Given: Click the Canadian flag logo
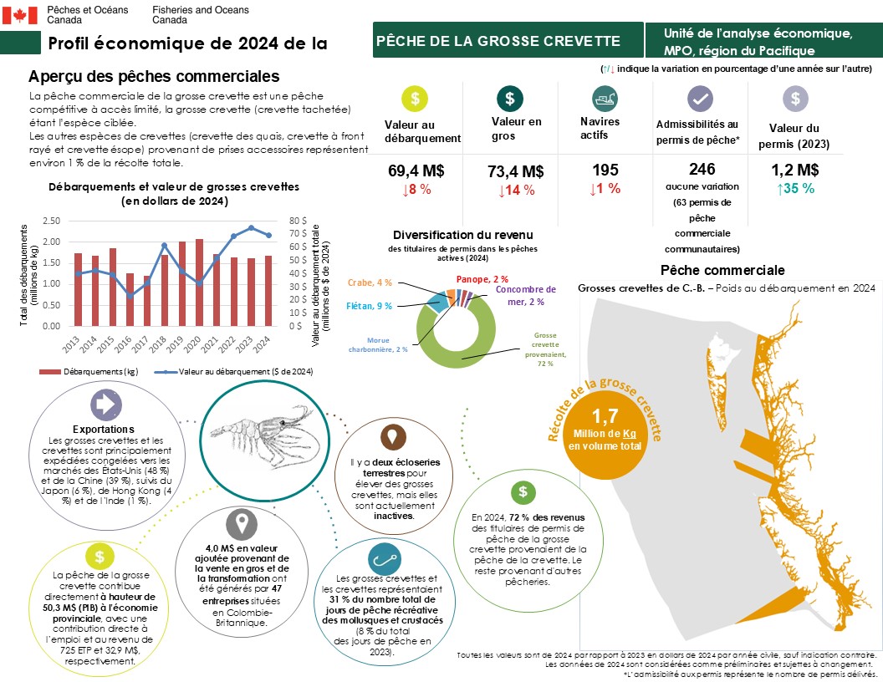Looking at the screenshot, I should (21, 14).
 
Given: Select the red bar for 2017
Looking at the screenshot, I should (148, 301).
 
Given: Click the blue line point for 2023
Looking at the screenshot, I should (251, 227).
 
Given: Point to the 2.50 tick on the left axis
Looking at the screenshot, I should (50, 221).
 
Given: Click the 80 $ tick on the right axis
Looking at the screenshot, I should (299, 221).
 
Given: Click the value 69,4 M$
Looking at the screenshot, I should (416, 170).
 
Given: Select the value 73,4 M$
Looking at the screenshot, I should (516, 171).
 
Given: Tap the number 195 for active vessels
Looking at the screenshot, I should (605, 170).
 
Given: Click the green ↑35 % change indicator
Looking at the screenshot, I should (794, 188).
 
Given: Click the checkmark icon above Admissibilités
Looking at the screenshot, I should (699, 99).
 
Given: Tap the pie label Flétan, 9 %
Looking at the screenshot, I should (369, 306).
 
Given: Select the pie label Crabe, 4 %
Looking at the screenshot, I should (368, 282).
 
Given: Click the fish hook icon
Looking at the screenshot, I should (385, 558).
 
